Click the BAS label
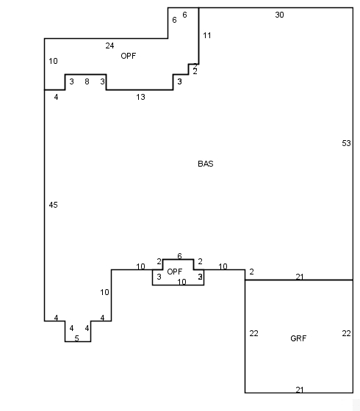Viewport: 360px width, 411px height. (206, 164)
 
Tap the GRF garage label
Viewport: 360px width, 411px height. (298, 338)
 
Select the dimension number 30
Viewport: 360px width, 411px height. (279, 15)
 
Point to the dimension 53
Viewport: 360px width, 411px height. (346, 143)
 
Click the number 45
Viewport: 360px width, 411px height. (53, 205)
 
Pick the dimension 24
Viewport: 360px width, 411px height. (109, 46)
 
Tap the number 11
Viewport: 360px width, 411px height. (206, 35)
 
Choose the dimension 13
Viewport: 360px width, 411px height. (140, 97)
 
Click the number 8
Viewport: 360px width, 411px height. (87, 81)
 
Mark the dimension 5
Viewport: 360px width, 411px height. (76, 338)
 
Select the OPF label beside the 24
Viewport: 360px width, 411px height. (129, 56)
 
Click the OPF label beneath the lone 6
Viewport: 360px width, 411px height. (175, 272)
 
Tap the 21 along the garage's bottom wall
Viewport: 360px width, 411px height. (300, 390)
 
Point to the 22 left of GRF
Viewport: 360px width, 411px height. (253, 333)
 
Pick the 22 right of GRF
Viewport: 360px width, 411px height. (346, 333)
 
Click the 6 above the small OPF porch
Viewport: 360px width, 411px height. (179, 256)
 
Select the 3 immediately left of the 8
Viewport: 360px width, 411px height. (71, 81)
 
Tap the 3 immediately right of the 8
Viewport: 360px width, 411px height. (102, 81)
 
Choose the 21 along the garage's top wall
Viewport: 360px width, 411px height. (300, 277)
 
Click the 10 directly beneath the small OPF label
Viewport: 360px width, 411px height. (181, 282)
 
